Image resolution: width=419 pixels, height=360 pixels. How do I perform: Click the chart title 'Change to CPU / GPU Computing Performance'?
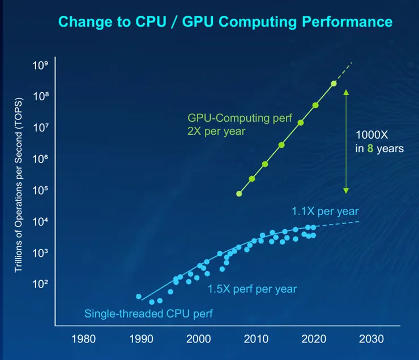pyautogui.click(x=225, y=22)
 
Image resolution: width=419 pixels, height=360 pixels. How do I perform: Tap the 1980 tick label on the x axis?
pyautogui.click(x=83, y=340)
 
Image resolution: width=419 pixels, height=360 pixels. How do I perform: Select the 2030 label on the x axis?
pyautogui.click(x=371, y=340)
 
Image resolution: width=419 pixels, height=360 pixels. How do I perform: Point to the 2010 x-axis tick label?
pyautogui.click(x=256, y=340)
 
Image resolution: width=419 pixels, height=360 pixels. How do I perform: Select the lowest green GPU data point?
pyautogui.click(x=239, y=194)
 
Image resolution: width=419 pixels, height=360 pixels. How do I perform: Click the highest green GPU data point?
pyautogui.click(x=334, y=84)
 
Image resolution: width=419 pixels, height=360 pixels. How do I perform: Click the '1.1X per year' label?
pyautogui.click(x=325, y=211)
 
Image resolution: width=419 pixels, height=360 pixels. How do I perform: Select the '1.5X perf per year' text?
pyautogui.click(x=252, y=289)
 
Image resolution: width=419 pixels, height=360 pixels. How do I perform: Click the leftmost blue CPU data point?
pyautogui.click(x=139, y=297)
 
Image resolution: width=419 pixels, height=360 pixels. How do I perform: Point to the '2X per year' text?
pyautogui.click(x=217, y=131)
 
